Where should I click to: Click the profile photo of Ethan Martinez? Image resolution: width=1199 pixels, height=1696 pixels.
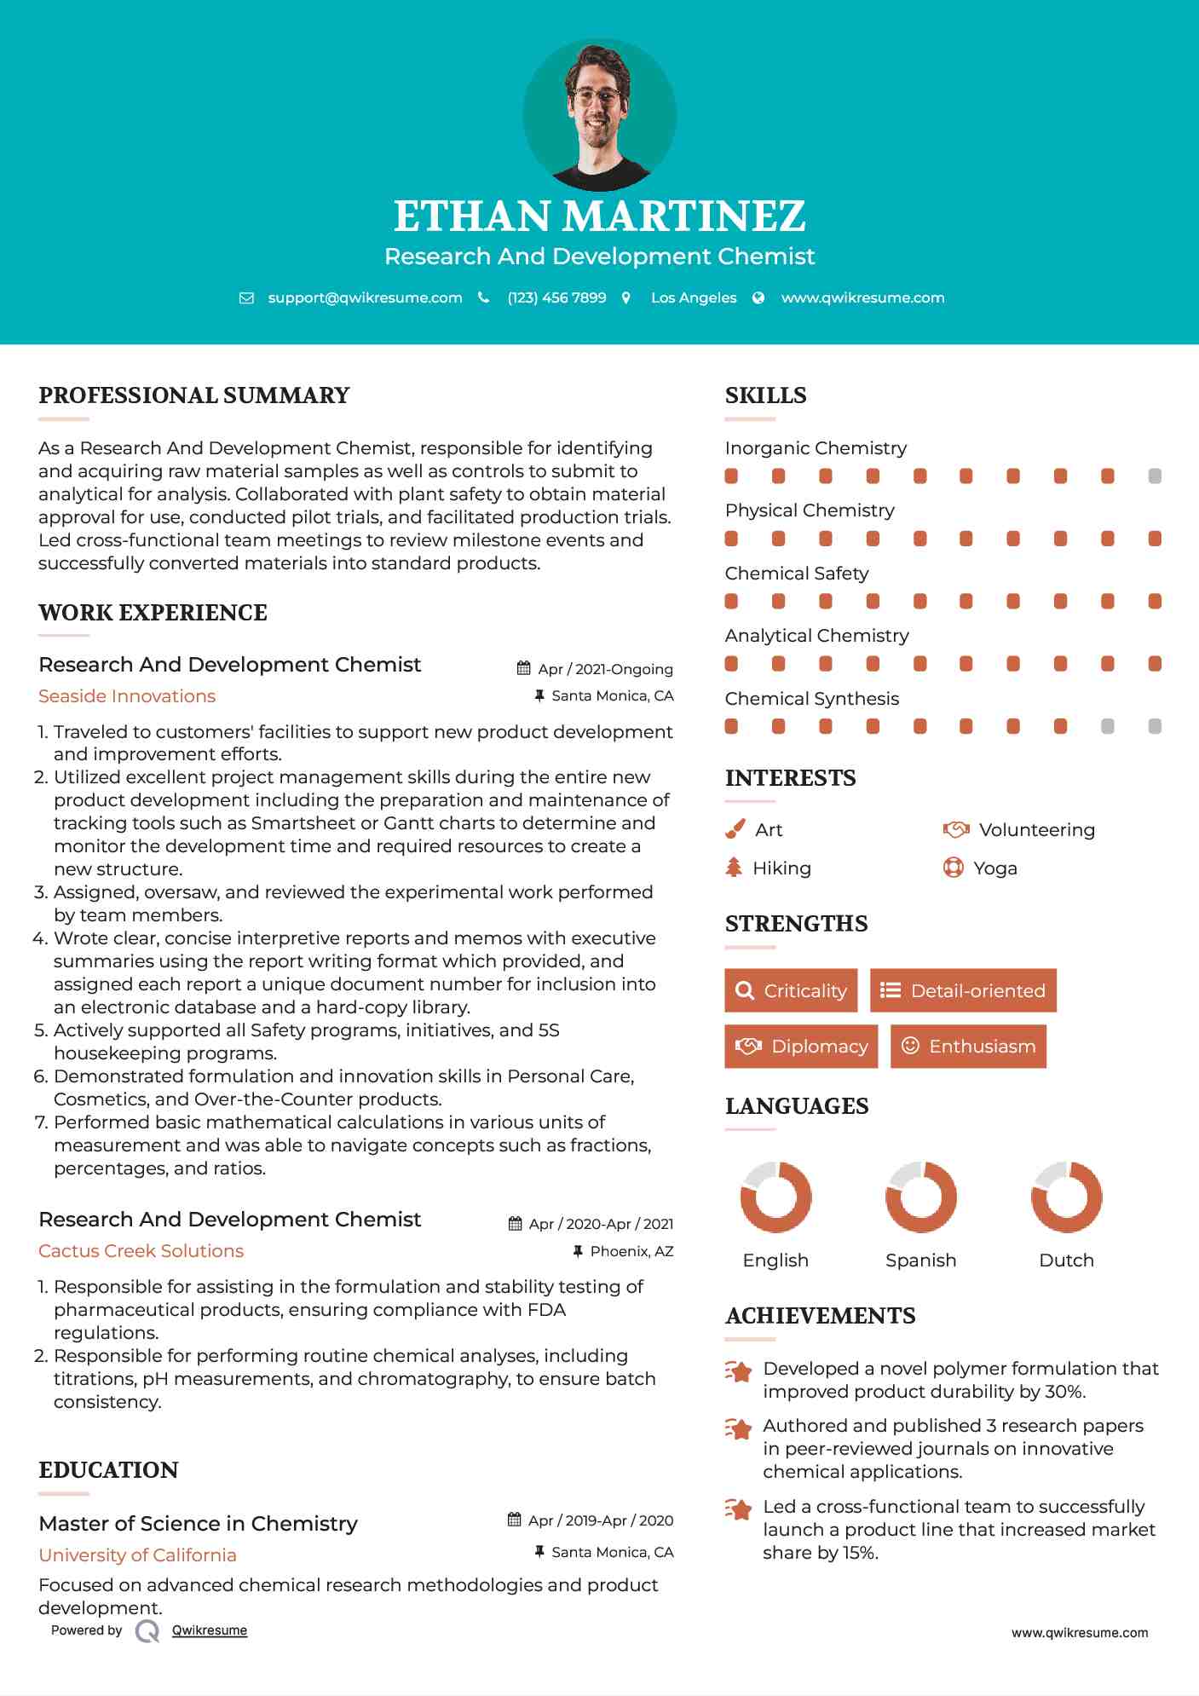click(x=599, y=114)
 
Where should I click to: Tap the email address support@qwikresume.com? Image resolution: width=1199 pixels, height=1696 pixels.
click(x=365, y=297)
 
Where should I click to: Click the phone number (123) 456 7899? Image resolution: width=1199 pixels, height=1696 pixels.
click(x=556, y=297)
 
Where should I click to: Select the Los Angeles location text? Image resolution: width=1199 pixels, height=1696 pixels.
click(x=694, y=297)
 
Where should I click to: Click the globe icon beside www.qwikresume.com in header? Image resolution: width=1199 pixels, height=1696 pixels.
click(x=758, y=297)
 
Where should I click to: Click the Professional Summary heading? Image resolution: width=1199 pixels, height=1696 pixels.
click(x=194, y=395)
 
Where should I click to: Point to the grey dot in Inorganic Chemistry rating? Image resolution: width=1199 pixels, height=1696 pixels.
click(x=1155, y=476)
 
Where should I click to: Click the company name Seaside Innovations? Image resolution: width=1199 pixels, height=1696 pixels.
click(x=127, y=696)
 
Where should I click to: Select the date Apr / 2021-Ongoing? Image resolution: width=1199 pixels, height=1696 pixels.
click(x=605, y=669)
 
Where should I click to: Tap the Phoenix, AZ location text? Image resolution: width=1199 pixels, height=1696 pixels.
click(x=631, y=1251)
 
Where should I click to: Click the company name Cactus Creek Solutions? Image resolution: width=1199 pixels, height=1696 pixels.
click(x=141, y=1251)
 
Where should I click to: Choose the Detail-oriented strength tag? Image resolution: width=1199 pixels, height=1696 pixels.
click(x=963, y=990)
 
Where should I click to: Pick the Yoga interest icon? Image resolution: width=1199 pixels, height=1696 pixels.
click(x=954, y=868)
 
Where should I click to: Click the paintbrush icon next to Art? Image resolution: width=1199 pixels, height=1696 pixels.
click(x=735, y=829)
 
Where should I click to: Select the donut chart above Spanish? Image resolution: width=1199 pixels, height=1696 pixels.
click(x=921, y=1197)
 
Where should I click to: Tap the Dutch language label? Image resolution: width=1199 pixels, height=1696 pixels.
click(x=1066, y=1260)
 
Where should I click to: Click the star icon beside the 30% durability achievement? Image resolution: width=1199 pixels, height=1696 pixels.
click(x=739, y=1372)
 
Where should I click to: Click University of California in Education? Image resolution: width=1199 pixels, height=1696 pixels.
click(x=138, y=1555)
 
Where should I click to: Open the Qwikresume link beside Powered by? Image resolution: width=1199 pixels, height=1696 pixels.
click(x=210, y=1630)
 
